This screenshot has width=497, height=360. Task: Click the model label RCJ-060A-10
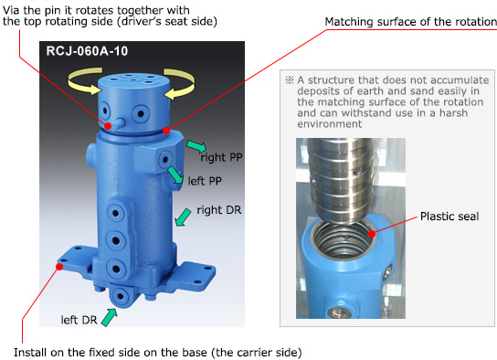coord(87,51)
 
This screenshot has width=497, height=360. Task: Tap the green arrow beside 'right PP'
coord(196,146)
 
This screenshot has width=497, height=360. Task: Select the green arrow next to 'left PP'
coord(175,175)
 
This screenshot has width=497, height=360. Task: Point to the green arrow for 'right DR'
coord(183,217)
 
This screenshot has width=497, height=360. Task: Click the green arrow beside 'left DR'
coord(110,318)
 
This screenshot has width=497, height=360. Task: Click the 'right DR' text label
coord(219,210)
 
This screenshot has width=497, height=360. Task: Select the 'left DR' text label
coord(79,320)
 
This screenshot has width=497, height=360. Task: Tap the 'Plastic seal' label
coord(449,217)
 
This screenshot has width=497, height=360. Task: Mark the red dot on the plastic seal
coord(372,234)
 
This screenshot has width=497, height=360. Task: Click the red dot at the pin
coord(108,126)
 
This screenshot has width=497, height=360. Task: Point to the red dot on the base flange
coord(59,267)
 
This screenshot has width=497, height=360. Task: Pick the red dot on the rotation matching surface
coord(166,131)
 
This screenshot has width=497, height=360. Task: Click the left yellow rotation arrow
coord(85,81)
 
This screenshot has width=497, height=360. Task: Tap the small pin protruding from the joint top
coord(118,123)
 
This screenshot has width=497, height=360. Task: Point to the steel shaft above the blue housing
coord(341,181)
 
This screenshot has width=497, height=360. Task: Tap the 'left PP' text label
coord(205,181)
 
